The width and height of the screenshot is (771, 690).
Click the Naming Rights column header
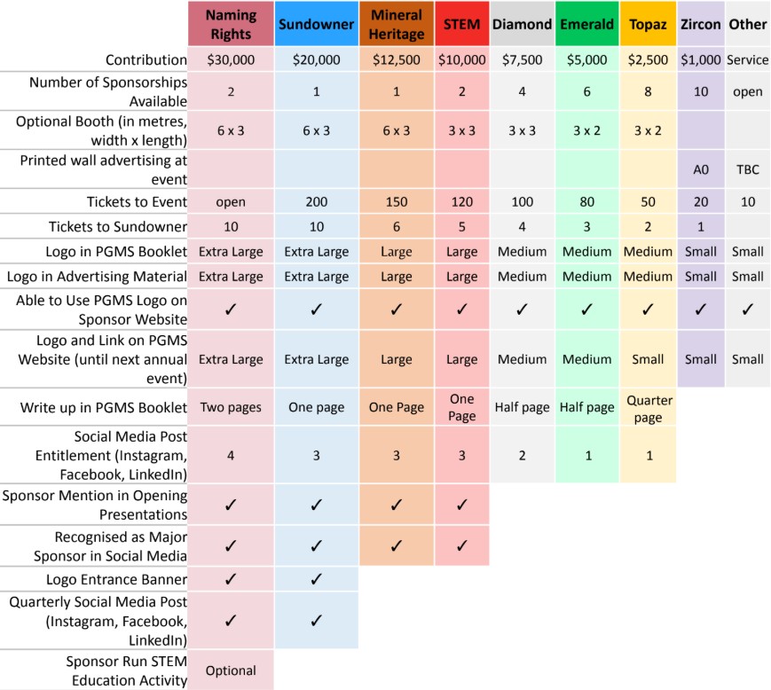click(231, 24)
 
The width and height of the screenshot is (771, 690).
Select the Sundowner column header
click(316, 24)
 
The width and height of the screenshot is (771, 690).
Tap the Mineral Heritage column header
click(397, 24)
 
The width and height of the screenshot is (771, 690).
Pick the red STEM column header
click(461, 24)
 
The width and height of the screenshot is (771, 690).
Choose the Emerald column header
click(586, 24)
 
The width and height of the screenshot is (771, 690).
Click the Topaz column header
click(648, 24)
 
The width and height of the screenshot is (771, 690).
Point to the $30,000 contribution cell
click(231, 60)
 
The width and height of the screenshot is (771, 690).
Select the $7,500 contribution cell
click(522, 60)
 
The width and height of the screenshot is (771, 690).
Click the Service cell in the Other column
click(747, 60)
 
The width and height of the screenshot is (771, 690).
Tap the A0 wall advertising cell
click(701, 169)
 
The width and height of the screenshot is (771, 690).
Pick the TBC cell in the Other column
click(747, 169)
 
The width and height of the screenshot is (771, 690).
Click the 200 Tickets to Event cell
click(316, 201)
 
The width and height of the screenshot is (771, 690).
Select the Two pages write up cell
click(231, 408)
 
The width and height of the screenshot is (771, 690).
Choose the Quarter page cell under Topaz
click(648, 408)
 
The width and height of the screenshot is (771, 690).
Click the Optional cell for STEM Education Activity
click(231, 670)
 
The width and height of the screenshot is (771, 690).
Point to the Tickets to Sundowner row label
click(119, 226)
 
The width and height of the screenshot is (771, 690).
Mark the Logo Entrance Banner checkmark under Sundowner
click(316, 579)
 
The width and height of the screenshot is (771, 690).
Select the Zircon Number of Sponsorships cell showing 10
click(701, 91)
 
